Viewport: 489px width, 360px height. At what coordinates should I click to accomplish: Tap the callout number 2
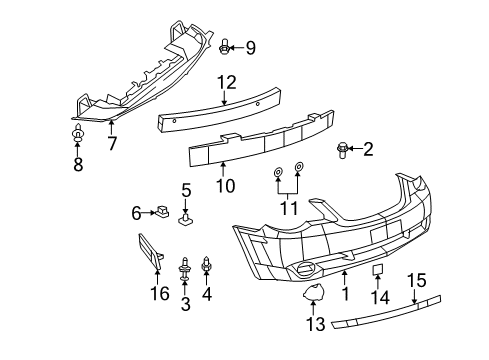click(367, 150)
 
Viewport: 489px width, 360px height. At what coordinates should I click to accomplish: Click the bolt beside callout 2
click(344, 151)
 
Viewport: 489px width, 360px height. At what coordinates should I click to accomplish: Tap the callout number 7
click(112, 143)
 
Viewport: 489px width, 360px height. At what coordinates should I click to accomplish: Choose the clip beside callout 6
click(161, 211)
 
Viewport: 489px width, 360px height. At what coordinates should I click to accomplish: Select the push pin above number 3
click(185, 267)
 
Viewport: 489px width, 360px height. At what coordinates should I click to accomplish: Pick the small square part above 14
click(379, 270)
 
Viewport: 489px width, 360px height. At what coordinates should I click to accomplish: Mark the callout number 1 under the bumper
click(345, 295)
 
